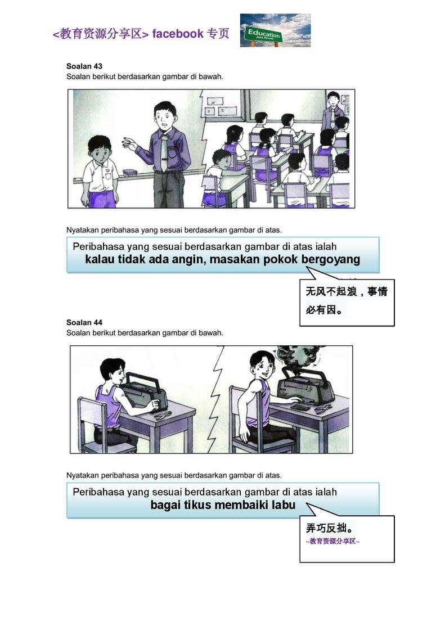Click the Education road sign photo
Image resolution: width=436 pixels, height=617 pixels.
(x=275, y=30)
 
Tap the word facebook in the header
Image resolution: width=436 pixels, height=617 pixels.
(x=177, y=34)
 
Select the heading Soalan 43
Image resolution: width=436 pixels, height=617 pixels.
(x=84, y=66)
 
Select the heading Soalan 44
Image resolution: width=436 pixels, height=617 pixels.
(x=84, y=323)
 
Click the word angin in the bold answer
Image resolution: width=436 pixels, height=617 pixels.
(x=187, y=260)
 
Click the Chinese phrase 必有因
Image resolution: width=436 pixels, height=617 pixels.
(x=321, y=310)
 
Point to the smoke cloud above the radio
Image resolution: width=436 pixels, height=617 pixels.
(x=294, y=359)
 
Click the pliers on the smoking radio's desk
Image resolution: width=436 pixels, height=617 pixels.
(x=323, y=410)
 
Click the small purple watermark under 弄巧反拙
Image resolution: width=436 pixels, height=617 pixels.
(x=332, y=542)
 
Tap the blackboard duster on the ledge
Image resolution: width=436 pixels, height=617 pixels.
(x=129, y=172)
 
